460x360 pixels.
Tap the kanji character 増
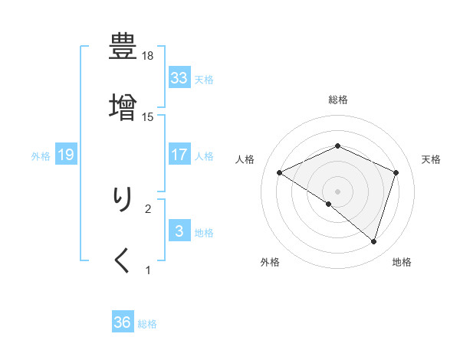[123, 106]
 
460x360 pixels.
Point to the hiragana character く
[123, 260]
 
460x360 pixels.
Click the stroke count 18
[149, 56]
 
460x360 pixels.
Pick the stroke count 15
[149, 116]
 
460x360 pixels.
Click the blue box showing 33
[179, 78]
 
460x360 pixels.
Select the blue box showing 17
[179, 155]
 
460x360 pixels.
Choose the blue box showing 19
[65, 155]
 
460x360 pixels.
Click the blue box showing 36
[122, 322]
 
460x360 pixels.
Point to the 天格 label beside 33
[203, 79]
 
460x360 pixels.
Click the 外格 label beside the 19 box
[41, 155]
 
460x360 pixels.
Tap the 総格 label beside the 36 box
[147, 323]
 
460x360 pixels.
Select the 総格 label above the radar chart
[338, 100]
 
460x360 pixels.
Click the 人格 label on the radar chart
[245, 159]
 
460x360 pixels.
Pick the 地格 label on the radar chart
[402, 262]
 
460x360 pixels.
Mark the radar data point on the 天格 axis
[396, 172]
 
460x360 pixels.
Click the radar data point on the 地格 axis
[374, 241]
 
